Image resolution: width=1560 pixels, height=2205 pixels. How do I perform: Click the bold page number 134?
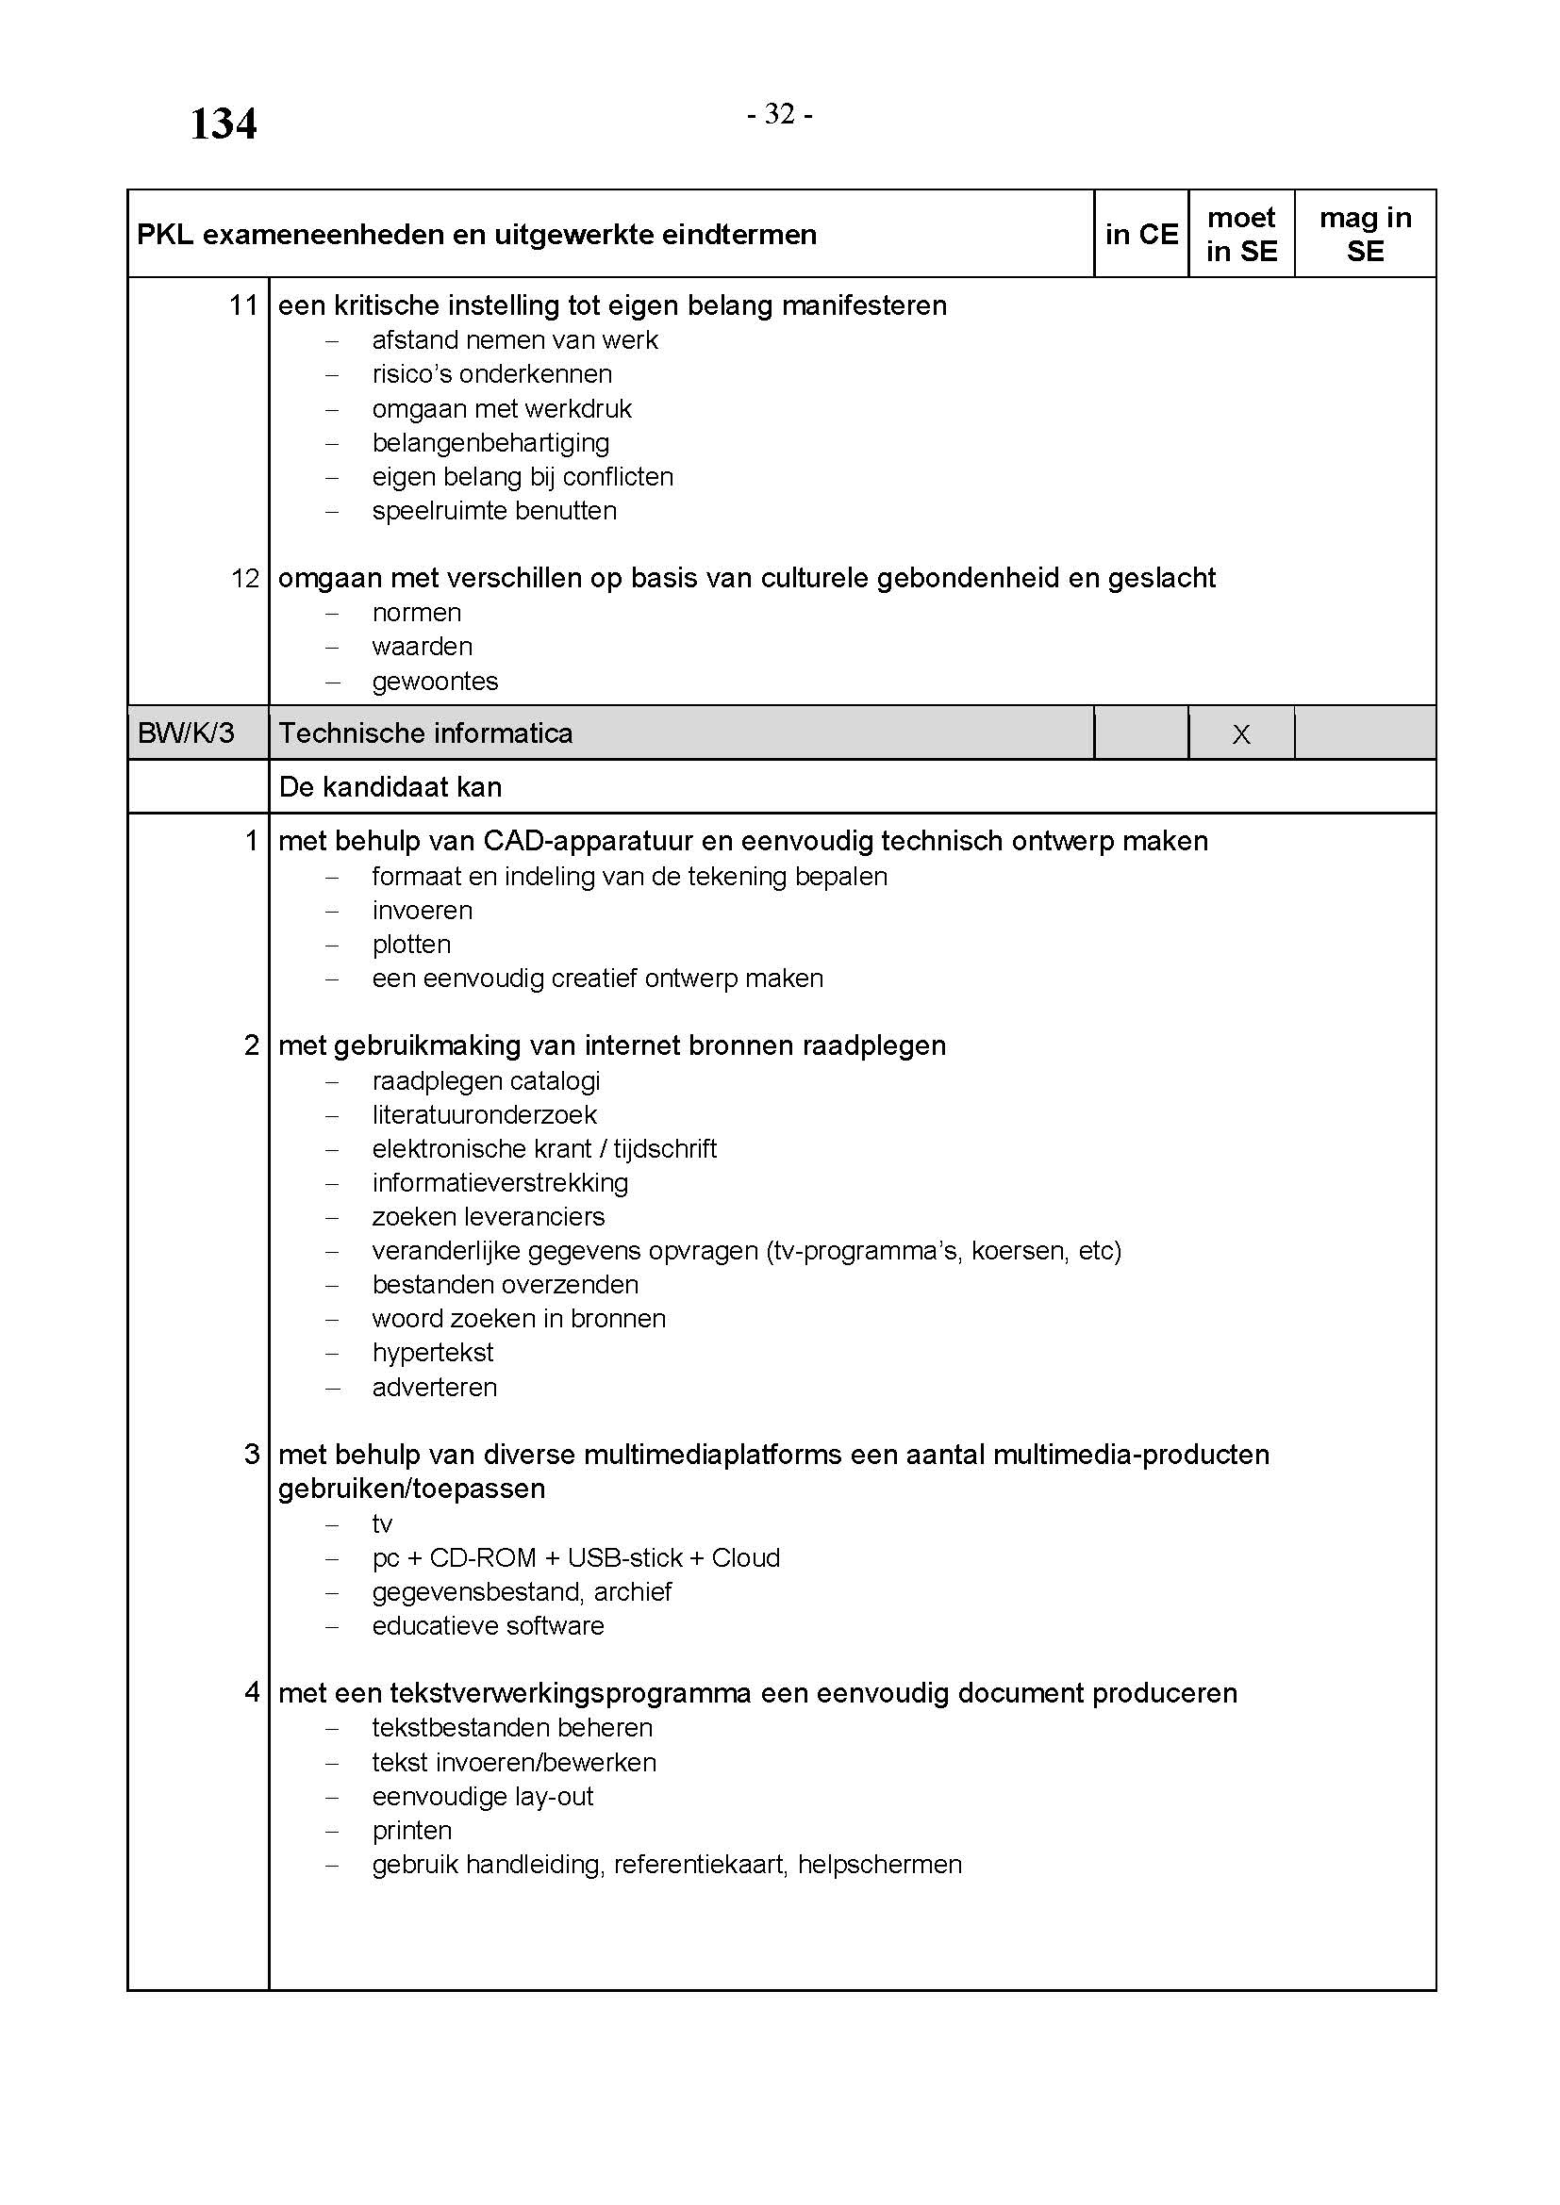(x=223, y=123)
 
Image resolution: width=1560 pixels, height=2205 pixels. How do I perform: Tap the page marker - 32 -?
(x=780, y=114)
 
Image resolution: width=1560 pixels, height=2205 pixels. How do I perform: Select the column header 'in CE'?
(x=1140, y=235)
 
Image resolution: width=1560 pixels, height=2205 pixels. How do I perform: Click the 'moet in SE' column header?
(x=1241, y=235)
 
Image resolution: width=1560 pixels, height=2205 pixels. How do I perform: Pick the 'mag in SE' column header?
(x=1365, y=235)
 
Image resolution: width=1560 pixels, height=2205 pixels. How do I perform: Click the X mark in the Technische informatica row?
(x=1241, y=734)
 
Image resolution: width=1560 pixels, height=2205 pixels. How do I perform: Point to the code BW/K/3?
(x=186, y=733)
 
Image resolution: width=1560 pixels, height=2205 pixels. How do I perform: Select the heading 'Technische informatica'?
(x=425, y=733)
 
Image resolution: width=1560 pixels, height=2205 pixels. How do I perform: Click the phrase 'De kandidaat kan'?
(x=390, y=787)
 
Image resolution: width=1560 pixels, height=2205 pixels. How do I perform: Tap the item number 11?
(x=244, y=305)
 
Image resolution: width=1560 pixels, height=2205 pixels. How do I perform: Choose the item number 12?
(x=245, y=578)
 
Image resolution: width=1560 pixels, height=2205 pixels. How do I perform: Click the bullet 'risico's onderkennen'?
(x=491, y=373)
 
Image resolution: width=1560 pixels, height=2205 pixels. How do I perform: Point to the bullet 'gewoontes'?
(x=435, y=681)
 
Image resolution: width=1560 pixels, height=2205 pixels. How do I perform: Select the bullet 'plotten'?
(x=411, y=944)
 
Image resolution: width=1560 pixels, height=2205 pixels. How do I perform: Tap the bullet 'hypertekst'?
(x=432, y=1352)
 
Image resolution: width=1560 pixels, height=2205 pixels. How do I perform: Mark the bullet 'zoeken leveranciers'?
(x=488, y=1216)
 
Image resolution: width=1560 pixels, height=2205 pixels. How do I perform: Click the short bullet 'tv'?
(x=382, y=1524)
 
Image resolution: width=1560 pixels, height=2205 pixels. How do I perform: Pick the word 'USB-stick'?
(x=624, y=1557)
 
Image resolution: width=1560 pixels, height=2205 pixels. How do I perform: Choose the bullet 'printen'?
(x=412, y=1831)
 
